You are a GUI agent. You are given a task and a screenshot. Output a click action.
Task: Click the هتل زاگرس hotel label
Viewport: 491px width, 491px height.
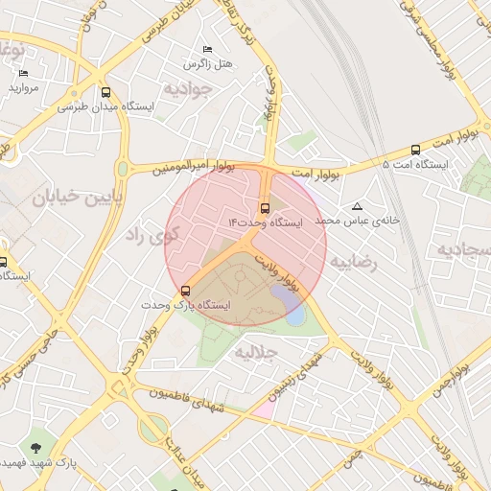(210, 63)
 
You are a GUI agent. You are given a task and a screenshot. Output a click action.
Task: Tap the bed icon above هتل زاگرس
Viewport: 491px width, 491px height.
(207, 49)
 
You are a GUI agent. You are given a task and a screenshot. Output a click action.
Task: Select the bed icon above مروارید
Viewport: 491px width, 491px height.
(23, 73)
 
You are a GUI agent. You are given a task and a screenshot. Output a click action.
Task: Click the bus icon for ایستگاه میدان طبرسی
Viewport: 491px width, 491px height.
(105, 94)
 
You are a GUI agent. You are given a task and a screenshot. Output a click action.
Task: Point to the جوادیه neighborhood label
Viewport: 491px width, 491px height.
(185, 89)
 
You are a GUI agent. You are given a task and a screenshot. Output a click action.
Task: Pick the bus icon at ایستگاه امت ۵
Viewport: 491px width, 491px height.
(415, 150)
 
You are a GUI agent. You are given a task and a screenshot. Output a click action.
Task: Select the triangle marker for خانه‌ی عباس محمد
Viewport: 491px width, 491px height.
(358, 206)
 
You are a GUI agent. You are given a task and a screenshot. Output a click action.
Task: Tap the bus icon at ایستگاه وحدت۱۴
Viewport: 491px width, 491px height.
(265, 206)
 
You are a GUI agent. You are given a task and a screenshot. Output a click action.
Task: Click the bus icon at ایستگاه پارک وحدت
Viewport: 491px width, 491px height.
(185, 290)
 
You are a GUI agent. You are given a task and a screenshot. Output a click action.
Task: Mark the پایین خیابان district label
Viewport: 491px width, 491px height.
(72, 199)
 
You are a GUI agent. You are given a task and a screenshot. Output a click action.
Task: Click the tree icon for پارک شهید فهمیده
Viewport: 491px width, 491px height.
(36, 448)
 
